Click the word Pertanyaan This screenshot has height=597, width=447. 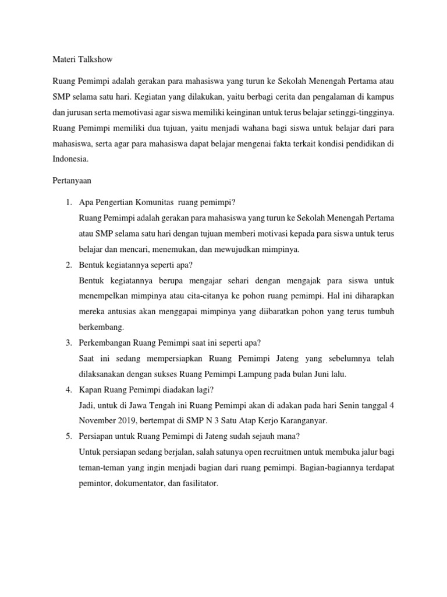click(x=73, y=181)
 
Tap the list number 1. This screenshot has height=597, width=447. click(x=68, y=202)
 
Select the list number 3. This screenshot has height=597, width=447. click(x=68, y=342)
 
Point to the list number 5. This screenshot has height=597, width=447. click(x=68, y=436)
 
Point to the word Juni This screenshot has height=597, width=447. click(x=340, y=374)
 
